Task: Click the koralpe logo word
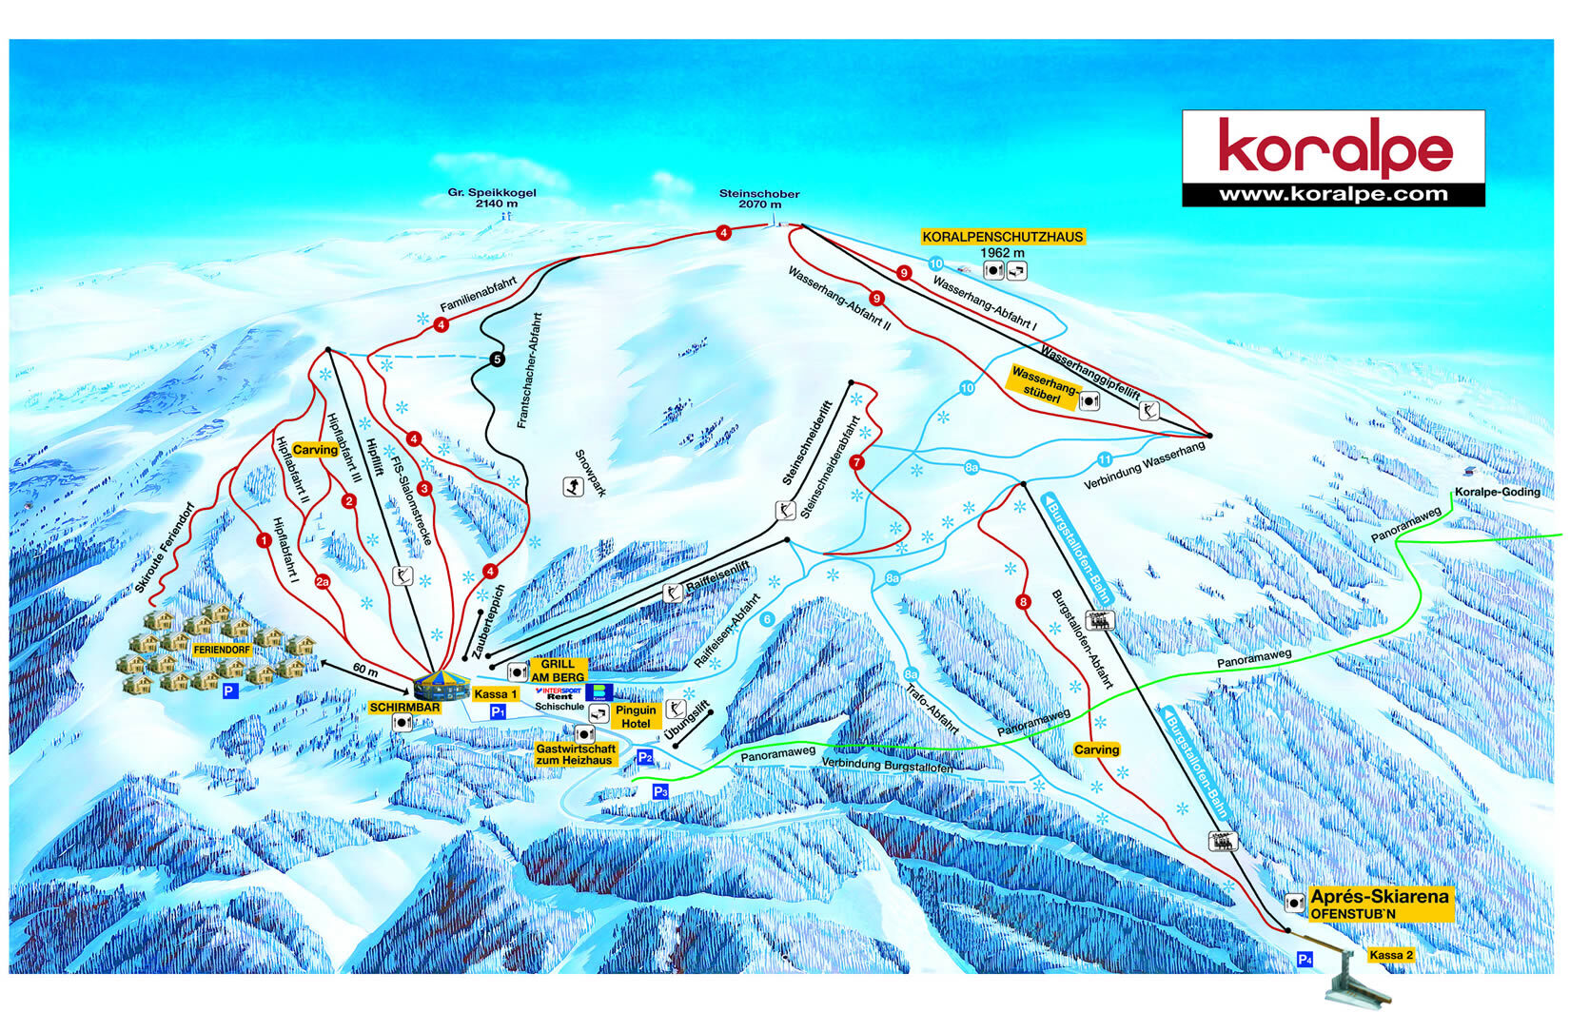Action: click(x=1335, y=146)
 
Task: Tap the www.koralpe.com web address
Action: click(x=1333, y=195)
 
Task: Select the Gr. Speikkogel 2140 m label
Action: click(x=492, y=198)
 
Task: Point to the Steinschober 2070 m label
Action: click(x=758, y=199)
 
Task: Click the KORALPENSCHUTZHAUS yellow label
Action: click(x=1002, y=237)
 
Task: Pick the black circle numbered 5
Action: click(x=497, y=360)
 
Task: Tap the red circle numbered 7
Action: click(x=856, y=462)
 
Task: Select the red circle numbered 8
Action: click(x=1023, y=602)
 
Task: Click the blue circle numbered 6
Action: click(x=767, y=619)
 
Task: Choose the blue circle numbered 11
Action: click(x=1105, y=459)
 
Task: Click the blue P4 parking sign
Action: click(x=1305, y=960)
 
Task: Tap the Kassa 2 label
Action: click(x=1390, y=955)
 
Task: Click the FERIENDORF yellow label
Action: click(x=221, y=650)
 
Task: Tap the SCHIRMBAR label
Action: click(x=404, y=708)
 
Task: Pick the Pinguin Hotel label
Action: click(x=636, y=716)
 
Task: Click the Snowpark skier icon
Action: click(x=573, y=487)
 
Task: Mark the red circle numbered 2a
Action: click(x=323, y=582)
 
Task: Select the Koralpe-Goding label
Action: click(x=1497, y=492)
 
